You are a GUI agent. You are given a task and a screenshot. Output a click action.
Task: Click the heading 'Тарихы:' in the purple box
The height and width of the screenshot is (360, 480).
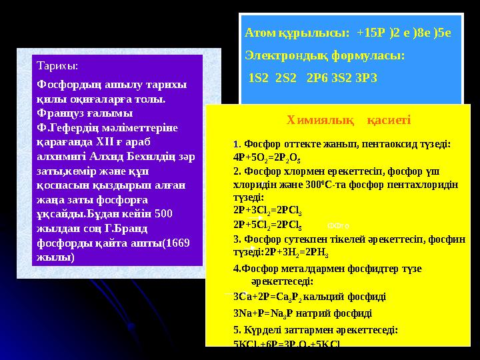tap(57, 67)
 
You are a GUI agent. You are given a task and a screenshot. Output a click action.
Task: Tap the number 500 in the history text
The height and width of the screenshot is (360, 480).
tap(163, 214)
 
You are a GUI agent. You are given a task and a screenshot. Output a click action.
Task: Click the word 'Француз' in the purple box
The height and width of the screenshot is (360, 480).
tap(61, 113)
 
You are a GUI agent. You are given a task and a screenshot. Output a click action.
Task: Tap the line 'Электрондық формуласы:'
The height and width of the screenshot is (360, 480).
tap(325, 55)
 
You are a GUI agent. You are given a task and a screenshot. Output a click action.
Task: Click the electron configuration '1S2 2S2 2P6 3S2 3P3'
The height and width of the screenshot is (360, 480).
tap(312, 78)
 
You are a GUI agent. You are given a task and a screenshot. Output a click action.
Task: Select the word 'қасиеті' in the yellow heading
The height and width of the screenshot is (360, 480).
tap(389, 120)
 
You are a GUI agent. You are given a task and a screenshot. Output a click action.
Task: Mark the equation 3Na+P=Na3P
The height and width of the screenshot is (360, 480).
tap(265, 313)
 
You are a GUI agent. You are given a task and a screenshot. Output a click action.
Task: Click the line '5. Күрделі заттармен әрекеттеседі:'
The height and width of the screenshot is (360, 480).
tap(316, 329)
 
